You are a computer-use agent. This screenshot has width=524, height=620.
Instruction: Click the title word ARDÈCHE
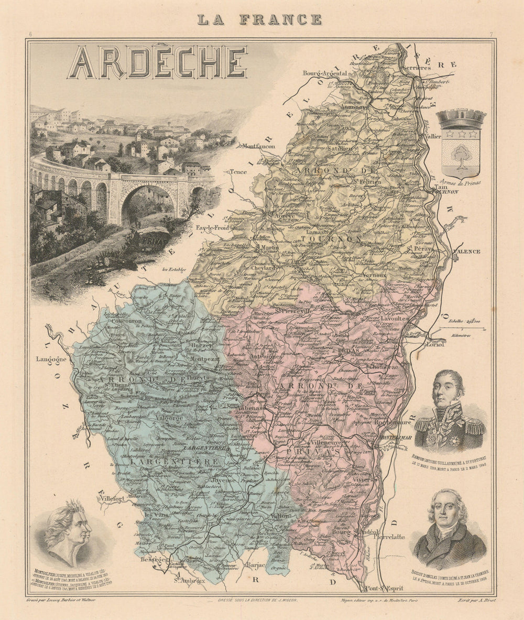(x=157, y=62)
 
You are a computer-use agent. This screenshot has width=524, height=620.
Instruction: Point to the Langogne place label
(x=51, y=360)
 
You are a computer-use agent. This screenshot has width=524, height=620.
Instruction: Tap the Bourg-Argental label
(x=324, y=73)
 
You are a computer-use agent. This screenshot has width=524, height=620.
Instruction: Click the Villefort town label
(x=113, y=498)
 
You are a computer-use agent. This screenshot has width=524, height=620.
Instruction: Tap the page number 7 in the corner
(x=492, y=35)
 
